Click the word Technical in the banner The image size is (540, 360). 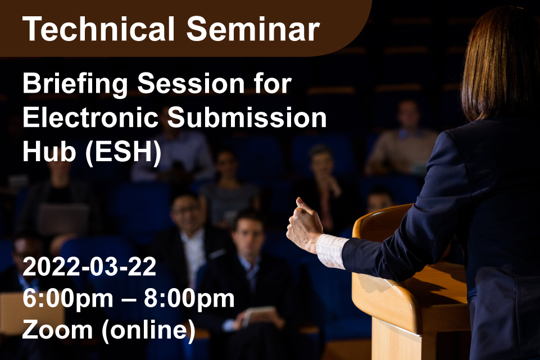coord(98,29)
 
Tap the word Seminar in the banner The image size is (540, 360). coord(253,29)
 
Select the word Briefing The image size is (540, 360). coord(75,85)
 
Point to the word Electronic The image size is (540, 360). coord(90,117)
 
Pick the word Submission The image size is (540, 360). coord(247,117)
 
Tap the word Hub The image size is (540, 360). coord(49,152)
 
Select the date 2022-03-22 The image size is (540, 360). coord(89,266)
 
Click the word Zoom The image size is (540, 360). coord(57,330)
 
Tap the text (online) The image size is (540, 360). coord(148,331)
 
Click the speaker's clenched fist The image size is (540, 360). coord(304,225)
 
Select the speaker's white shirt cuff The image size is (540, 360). coord(331,251)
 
